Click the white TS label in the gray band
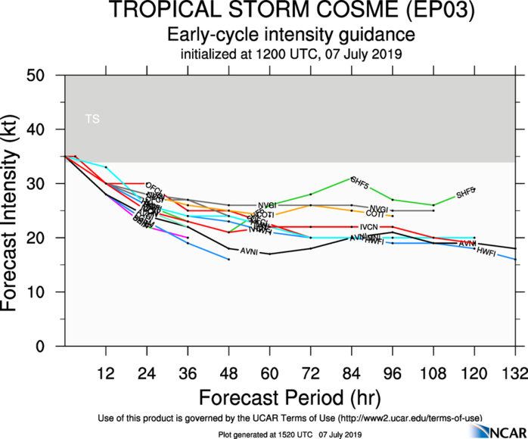[92, 120]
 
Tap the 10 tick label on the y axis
[48, 292]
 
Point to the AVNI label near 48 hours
[250, 251]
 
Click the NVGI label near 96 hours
[378, 208]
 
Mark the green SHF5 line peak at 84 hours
[352, 178]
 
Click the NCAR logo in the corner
[496, 430]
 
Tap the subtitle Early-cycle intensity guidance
[290, 35]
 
